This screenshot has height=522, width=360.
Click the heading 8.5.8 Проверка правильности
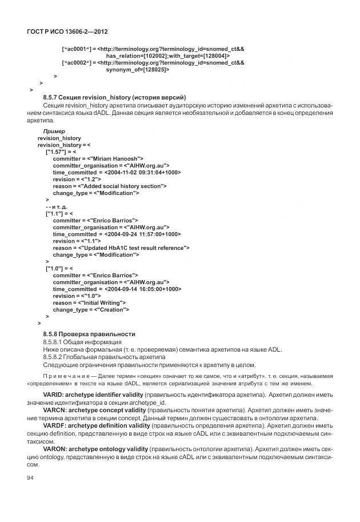89,333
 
